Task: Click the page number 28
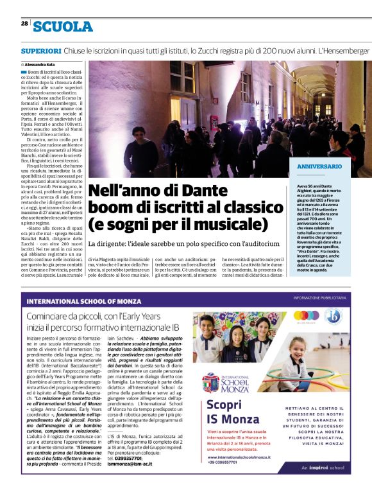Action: click(24, 23)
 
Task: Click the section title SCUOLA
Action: click(63, 26)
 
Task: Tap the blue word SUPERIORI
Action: click(41, 50)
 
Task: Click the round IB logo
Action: click(333, 317)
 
